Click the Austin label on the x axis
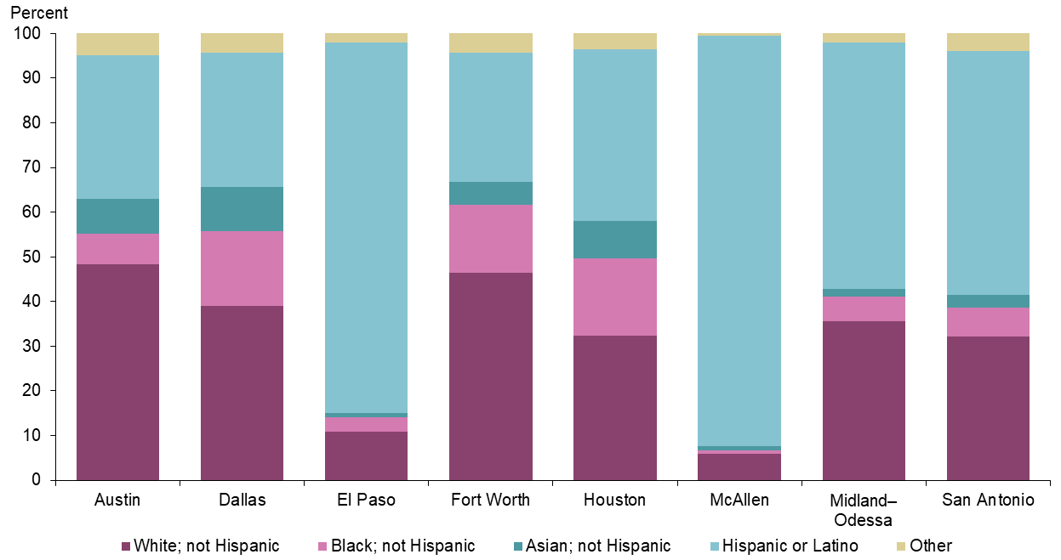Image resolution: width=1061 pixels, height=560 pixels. tap(117, 501)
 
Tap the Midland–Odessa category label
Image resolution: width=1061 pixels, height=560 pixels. tap(864, 509)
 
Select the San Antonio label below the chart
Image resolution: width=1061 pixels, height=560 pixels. tap(988, 501)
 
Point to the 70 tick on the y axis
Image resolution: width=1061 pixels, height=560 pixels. tap(40, 167)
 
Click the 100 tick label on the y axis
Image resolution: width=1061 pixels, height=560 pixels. tap(36, 33)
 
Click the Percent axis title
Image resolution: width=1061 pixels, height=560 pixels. tap(38, 14)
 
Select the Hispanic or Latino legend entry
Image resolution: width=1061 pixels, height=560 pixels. tap(790, 546)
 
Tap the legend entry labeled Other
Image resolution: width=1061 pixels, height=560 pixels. tap(931, 546)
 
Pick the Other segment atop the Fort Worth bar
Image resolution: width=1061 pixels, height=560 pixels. tap(491, 42)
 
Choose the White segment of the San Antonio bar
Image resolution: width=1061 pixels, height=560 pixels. tap(988, 409)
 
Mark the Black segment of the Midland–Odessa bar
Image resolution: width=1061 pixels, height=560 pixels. tap(864, 308)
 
